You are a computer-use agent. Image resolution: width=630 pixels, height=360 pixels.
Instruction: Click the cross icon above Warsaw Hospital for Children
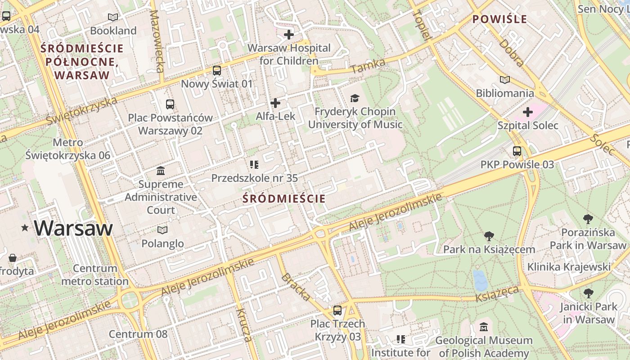[289, 35]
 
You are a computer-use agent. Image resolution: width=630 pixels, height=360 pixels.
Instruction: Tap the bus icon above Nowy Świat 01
[217, 71]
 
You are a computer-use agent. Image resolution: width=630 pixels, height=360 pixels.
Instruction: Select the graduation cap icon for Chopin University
[355, 98]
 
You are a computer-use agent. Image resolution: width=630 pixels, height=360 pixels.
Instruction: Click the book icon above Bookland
[113, 18]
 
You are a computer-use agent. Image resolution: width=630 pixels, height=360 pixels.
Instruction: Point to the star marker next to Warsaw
[25, 228]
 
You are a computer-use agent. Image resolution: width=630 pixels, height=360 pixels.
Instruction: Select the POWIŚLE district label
[499, 19]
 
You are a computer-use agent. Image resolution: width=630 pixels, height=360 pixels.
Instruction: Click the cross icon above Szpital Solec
[528, 112]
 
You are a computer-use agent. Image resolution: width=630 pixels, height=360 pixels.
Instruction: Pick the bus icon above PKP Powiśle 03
[517, 151]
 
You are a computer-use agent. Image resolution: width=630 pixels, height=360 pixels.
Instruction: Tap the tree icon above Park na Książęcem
[489, 236]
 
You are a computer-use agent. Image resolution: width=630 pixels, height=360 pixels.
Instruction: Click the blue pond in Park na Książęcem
[480, 280]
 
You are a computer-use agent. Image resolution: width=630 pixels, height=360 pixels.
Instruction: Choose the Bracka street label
[296, 287]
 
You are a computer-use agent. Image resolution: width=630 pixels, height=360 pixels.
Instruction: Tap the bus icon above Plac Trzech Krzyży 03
[337, 310]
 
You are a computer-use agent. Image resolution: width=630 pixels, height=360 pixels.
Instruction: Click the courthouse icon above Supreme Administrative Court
[161, 171]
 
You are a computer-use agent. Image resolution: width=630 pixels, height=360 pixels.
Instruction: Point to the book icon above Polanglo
[162, 230]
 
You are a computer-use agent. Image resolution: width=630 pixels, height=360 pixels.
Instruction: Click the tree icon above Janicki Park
[588, 294]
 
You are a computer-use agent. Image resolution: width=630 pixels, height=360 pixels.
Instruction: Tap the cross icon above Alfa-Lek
[275, 103]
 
